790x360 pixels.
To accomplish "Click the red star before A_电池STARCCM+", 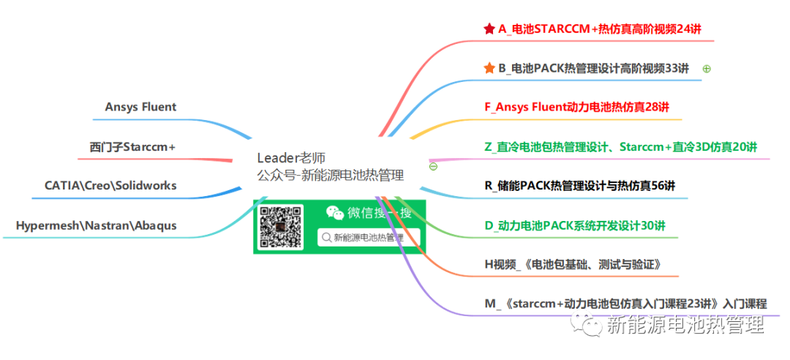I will click(489, 29).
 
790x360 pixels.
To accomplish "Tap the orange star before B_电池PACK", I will click(489, 68).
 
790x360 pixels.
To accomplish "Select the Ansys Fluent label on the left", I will click(140, 107).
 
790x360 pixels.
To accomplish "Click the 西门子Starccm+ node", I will click(132, 146).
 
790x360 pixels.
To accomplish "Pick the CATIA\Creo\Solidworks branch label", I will click(110, 185).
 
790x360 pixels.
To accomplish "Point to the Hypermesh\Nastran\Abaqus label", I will click(96, 225).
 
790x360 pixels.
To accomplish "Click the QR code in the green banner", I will click(281, 226).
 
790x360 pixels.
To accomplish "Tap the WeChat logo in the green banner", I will click(334, 213).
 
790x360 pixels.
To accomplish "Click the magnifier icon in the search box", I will click(326, 237).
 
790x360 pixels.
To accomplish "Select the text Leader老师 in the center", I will click(291, 158).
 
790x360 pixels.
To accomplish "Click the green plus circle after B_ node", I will click(707, 69).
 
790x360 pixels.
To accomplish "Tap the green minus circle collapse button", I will click(433, 166).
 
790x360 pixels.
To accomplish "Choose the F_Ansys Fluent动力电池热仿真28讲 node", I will click(576, 107).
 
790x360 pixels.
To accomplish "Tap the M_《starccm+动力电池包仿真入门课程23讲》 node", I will click(625, 304).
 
